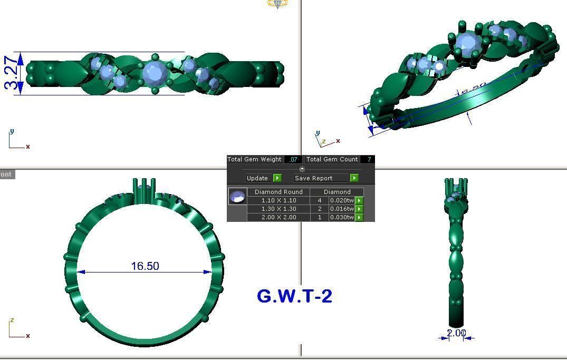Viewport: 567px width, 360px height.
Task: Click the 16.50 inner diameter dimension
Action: click(x=145, y=266)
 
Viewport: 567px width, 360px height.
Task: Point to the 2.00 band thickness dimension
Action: click(x=456, y=333)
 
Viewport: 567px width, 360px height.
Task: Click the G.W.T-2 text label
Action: click(x=294, y=296)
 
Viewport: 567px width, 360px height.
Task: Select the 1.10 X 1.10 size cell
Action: click(x=278, y=201)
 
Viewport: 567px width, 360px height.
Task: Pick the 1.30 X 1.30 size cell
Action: click(x=278, y=209)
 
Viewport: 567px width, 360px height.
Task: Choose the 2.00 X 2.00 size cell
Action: click(x=278, y=218)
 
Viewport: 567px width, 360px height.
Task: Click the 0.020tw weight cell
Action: click(x=341, y=201)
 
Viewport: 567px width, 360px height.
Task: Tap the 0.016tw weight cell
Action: click(x=341, y=209)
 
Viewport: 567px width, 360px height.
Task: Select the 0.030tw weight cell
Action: click(x=341, y=218)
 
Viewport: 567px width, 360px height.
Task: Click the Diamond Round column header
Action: click(x=278, y=192)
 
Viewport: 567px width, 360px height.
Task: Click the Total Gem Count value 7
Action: click(x=369, y=159)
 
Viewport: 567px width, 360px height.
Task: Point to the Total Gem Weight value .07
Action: click(x=293, y=159)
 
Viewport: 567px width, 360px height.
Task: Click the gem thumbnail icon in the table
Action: click(x=237, y=197)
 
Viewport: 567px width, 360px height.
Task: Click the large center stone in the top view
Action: click(x=155, y=73)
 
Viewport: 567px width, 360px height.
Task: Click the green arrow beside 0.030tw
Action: click(x=359, y=218)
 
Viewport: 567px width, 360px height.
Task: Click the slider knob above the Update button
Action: click(x=302, y=169)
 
